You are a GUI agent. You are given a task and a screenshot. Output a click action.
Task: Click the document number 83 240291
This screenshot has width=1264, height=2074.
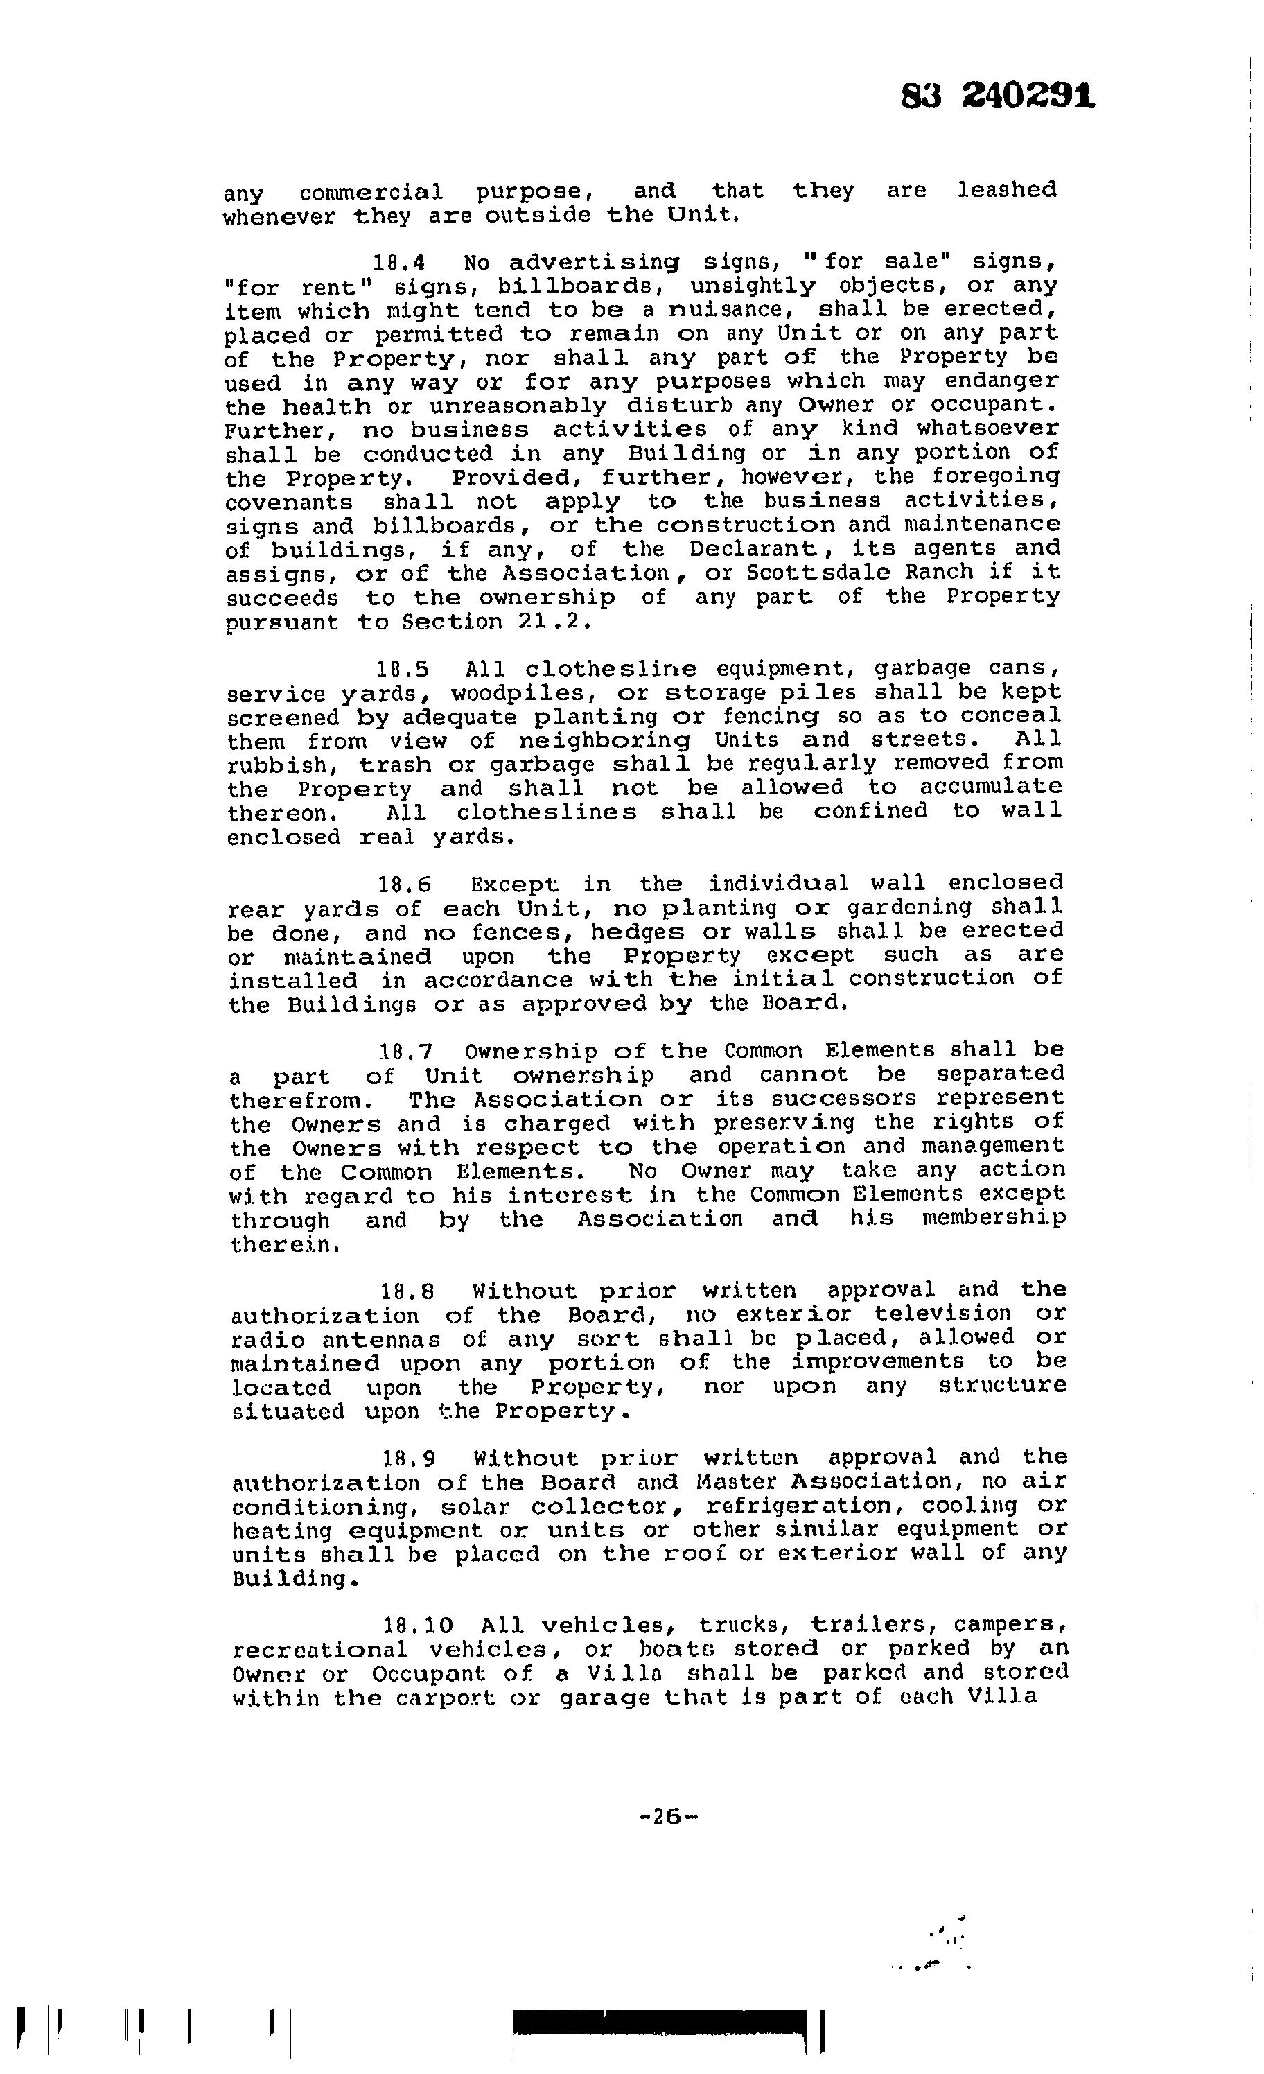997,98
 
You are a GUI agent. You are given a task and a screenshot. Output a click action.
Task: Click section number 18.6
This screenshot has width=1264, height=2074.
404,885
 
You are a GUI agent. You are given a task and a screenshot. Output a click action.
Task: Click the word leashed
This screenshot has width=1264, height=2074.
1006,190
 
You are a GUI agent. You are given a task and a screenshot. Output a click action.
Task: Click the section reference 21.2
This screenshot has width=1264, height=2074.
562,623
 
